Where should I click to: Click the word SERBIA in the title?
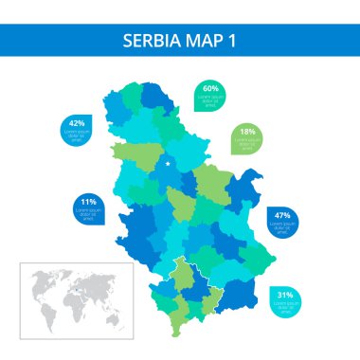152,42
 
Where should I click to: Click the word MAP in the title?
203,42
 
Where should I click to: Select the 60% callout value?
210,88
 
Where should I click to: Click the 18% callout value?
248,132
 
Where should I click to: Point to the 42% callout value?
77,124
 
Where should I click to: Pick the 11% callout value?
88,202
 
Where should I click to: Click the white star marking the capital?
169,164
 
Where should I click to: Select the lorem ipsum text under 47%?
281,226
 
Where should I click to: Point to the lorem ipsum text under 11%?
88,212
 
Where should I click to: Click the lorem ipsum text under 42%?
77,135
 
